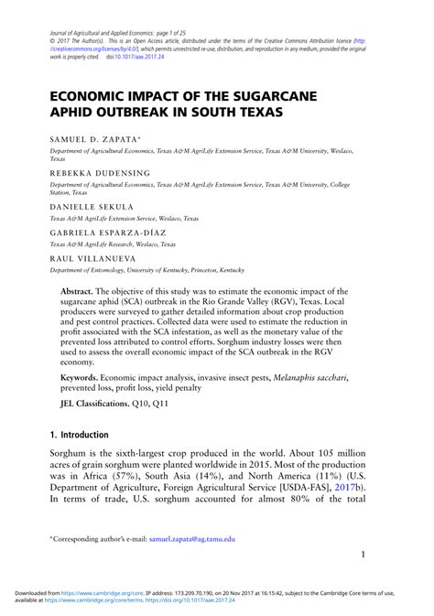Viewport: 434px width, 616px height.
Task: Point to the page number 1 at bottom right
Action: tap(363, 555)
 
